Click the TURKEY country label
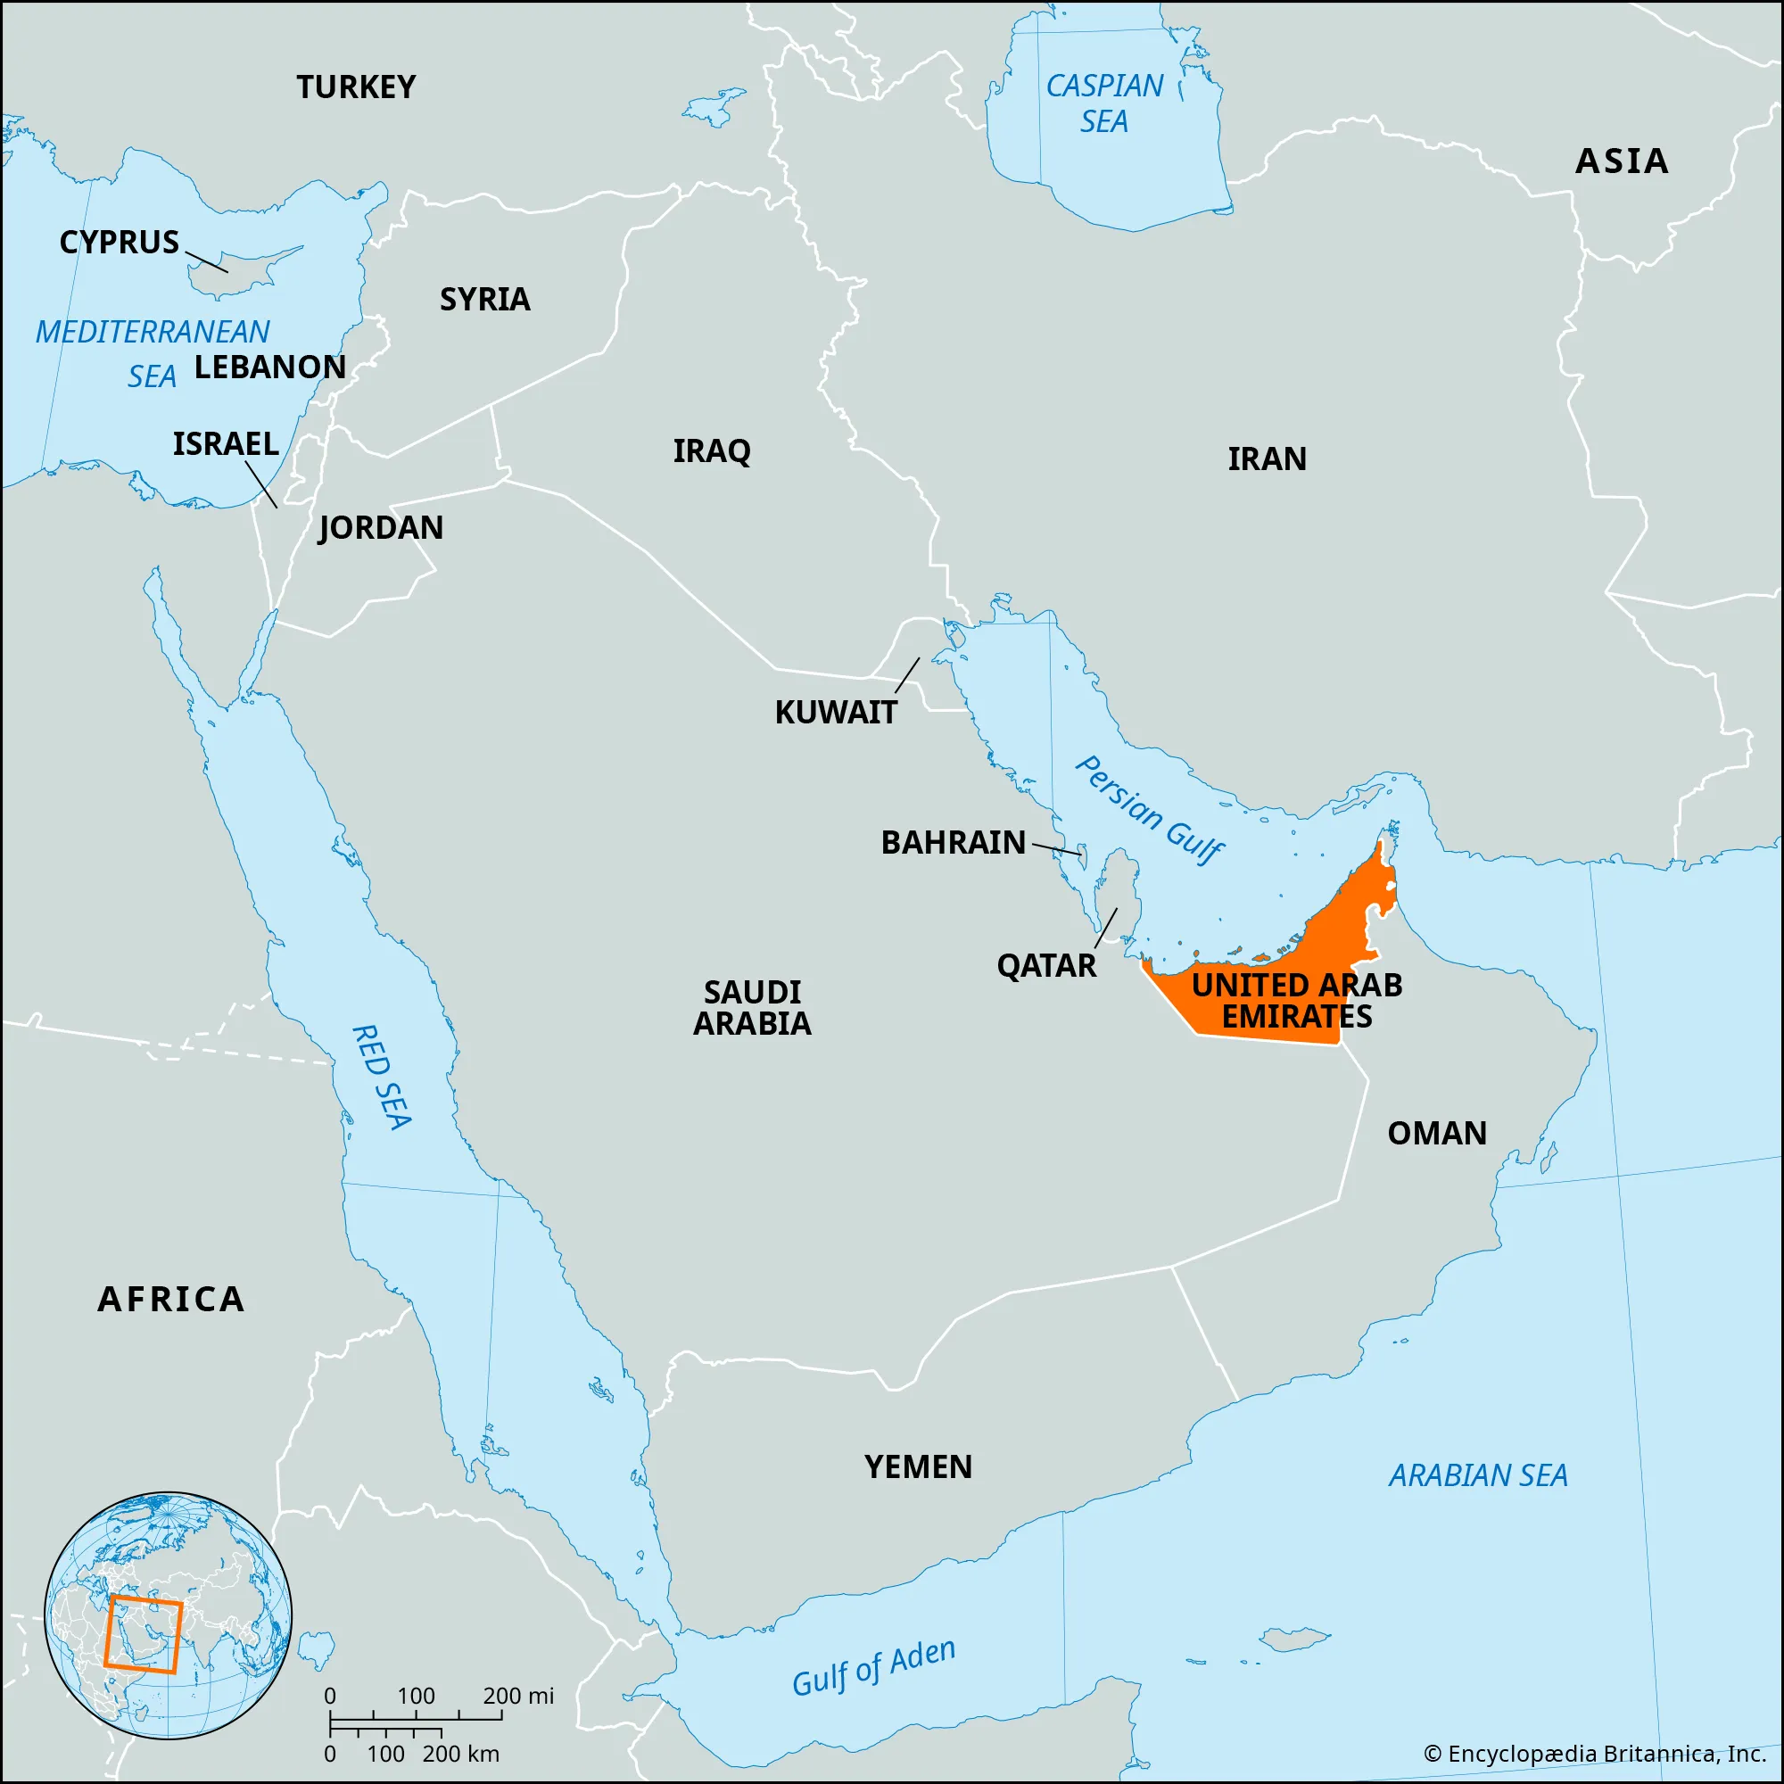[x=356, y=87]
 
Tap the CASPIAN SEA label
[x=1104, y=103]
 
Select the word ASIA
[x=1622, y=161]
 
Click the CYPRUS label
[x=120, y=243]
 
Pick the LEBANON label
[x=269, y=368]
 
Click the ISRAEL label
[x=226, y=444]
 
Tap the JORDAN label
[x=381, y=528]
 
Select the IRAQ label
[x=711, y=451]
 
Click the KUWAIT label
[x=835, y=713]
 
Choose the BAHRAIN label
[x=953, y=842]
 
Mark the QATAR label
[x=1046, y=966]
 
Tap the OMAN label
[x=1437, y=1134]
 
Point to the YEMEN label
[x=918, y=1467]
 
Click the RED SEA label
[x=382, y=1077]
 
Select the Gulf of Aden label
[x=873, y=1668]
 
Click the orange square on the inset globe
[x=143, y=1633]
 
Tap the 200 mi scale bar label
[x=518, y=1697]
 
